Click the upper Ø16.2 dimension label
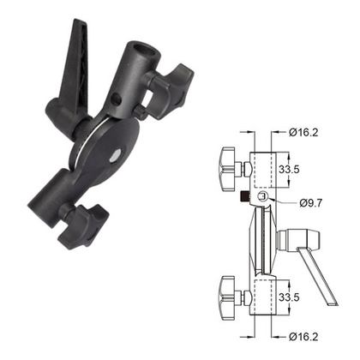coord(304,132)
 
